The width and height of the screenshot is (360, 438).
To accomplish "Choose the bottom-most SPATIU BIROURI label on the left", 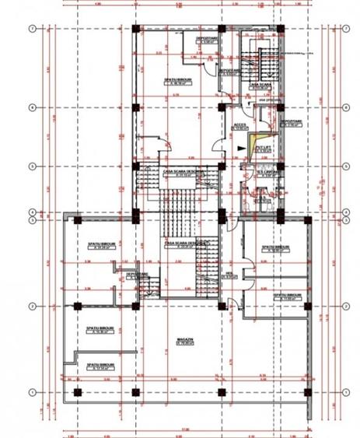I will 100,365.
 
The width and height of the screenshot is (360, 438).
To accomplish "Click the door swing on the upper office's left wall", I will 162,142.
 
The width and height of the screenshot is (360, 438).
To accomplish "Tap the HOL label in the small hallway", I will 232,270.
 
